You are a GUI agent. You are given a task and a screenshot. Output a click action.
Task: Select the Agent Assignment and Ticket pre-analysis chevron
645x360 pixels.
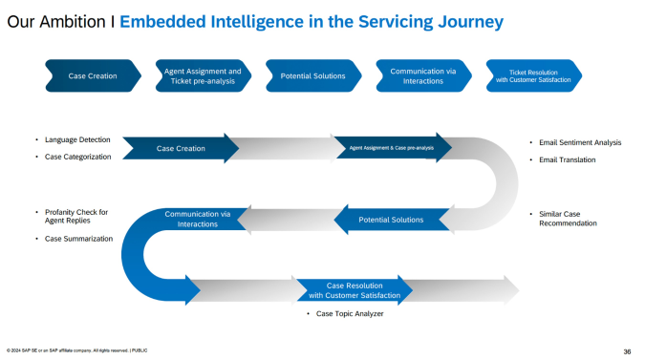coord(202,75)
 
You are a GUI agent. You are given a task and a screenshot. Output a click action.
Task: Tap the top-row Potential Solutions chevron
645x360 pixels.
coord(312,75)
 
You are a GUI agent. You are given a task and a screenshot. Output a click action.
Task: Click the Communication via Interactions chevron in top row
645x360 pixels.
coord(422,75)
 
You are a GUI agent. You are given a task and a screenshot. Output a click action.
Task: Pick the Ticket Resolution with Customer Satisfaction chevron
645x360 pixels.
coord(533,75)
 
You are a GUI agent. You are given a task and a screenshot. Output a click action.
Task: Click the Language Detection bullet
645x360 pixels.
coord(76,139)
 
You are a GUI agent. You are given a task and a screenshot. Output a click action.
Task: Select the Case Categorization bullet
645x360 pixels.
coord(77,157)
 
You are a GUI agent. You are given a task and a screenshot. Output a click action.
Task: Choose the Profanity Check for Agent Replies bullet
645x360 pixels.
coord(76,217)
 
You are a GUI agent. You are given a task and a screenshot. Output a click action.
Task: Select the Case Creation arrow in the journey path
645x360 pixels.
coord(182,148)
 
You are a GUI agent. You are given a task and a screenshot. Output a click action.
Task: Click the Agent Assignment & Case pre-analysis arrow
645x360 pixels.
coord(392,148)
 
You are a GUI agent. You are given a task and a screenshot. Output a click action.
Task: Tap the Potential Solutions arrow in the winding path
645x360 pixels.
coord(390,220)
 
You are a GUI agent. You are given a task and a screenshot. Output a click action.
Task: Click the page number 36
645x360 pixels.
coord(626,350)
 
